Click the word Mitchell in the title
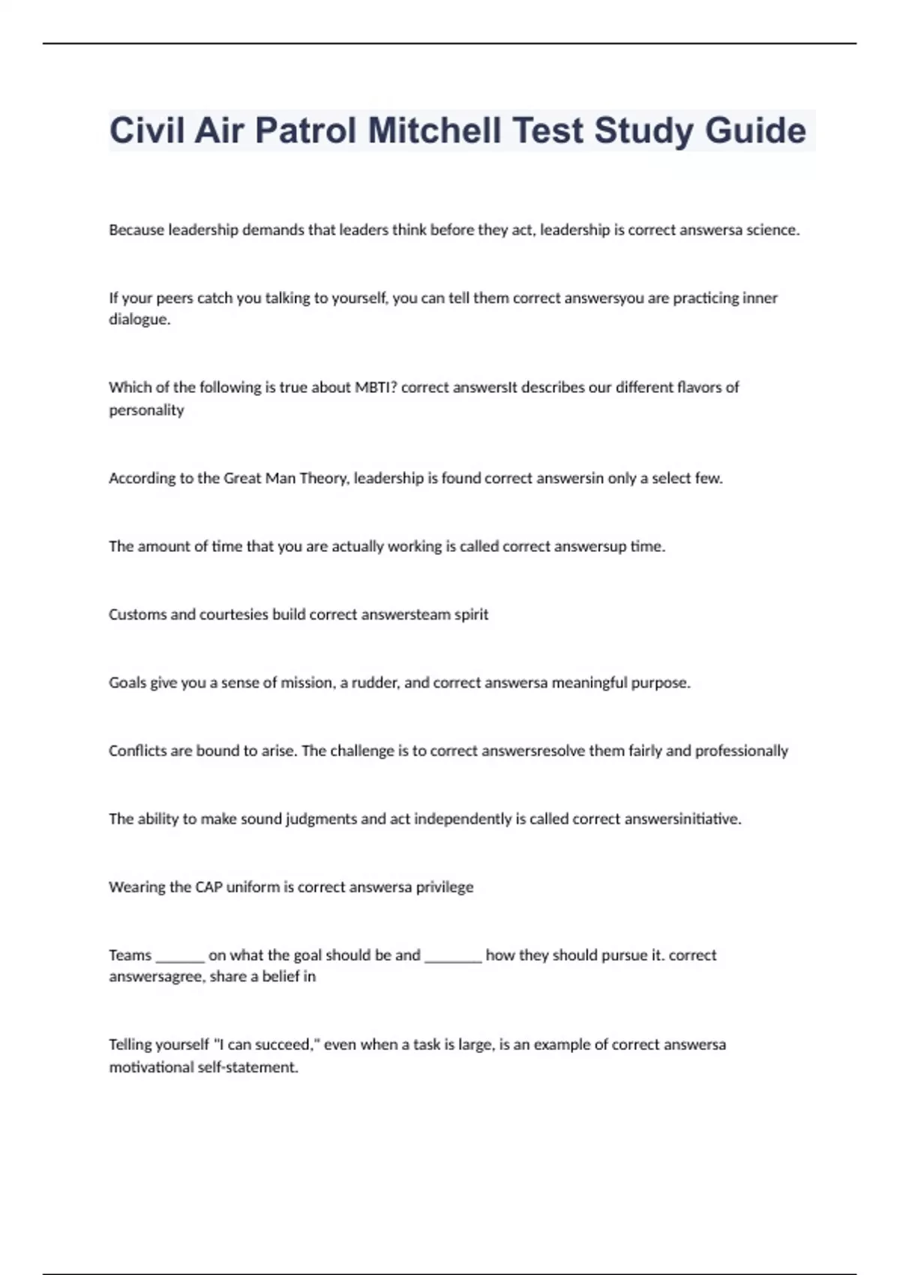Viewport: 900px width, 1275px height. click(434, 130)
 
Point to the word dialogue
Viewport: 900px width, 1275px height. click(139, 319)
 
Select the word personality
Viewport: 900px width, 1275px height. click(146, 410)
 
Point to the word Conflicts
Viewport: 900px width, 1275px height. click(138, 751)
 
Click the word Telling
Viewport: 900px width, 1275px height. click(132, 1045)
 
